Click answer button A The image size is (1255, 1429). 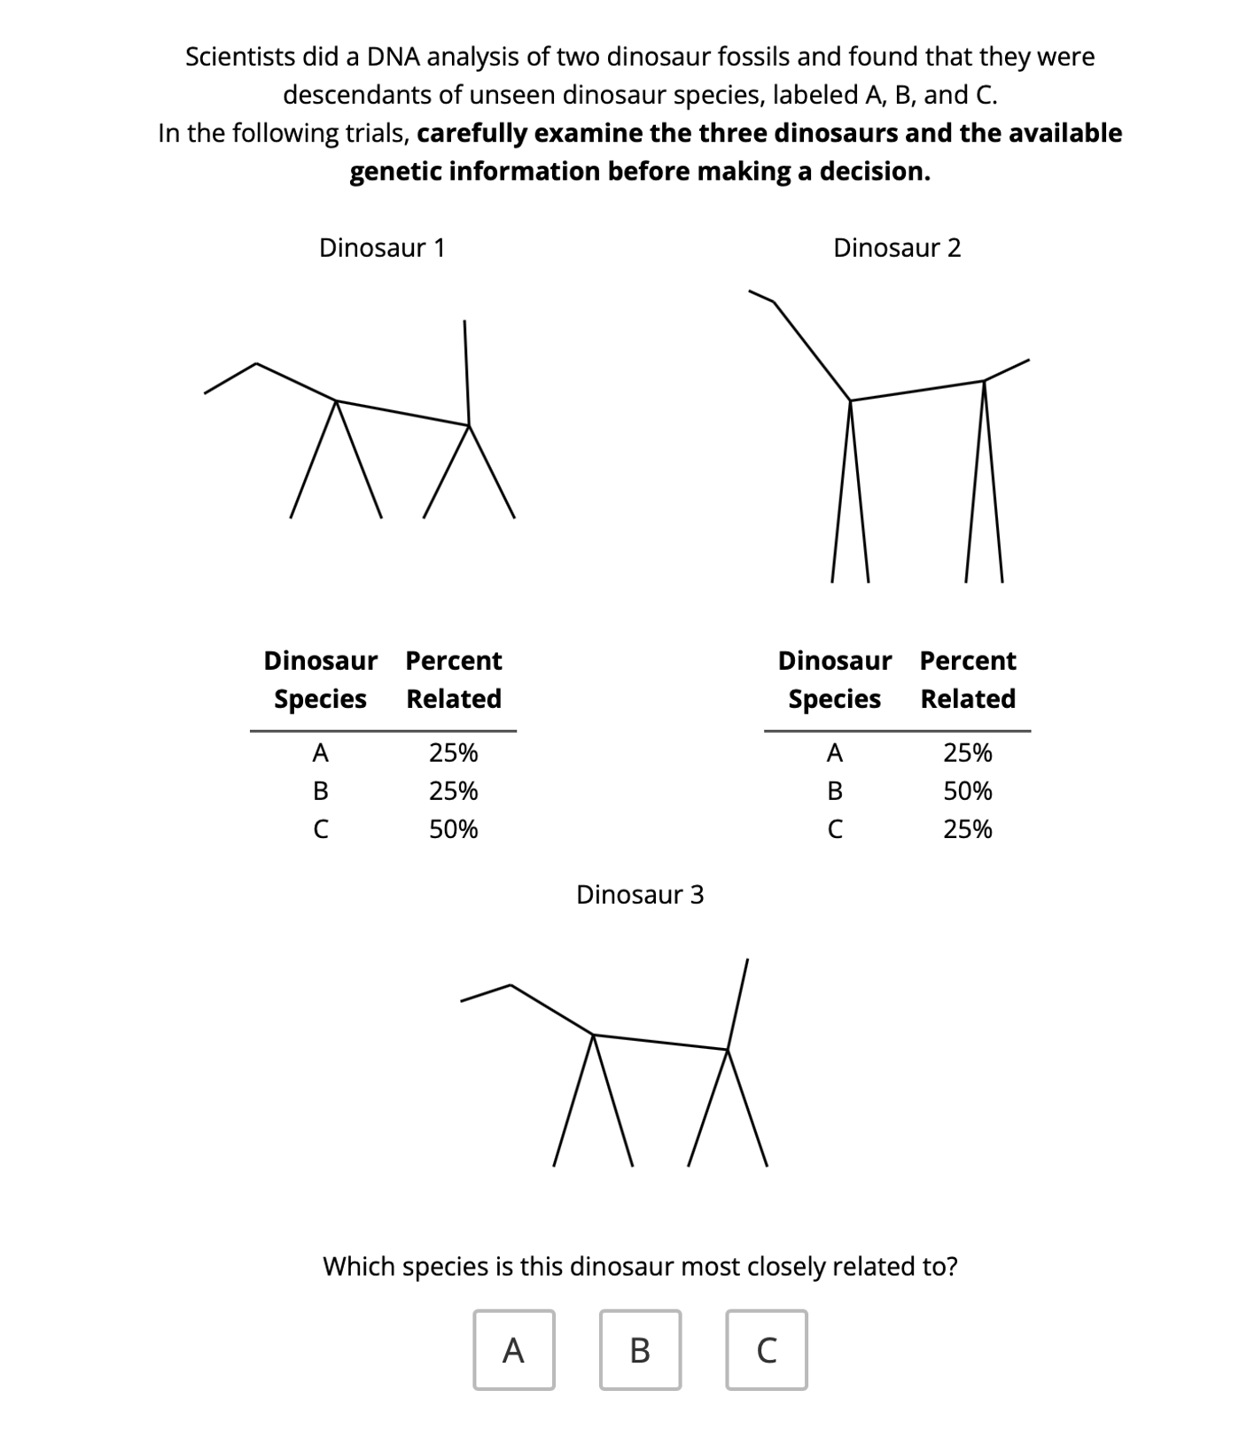click(x=513, y=1350)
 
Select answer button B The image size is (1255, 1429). click(x=640, y=1350)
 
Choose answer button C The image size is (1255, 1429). click(x=767, y=1350)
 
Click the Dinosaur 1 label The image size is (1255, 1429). click(x=382, y=247)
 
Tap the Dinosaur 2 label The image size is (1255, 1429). click(x=897, y=247)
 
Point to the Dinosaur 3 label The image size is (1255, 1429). click(x=640, y=894)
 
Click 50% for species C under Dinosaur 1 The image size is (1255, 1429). click(x=454, y=829)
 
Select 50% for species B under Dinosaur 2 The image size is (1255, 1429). click(x=968, y=790)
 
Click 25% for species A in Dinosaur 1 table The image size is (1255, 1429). click(x=454, y=752)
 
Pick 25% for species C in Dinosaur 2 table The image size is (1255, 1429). click(x=968, y=829)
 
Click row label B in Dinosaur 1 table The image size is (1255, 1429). click(x=321, y=790)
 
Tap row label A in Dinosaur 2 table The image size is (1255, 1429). click(x=835, y=752)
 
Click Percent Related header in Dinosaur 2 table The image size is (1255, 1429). click(x=968, y=680)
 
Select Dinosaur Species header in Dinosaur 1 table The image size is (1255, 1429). click(x=321, y=680)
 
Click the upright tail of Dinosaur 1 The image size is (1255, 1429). click(x=466, y=372)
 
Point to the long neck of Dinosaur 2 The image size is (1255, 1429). click(x=811, y=350)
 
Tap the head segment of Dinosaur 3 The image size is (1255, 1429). click(x=485, y=993)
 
